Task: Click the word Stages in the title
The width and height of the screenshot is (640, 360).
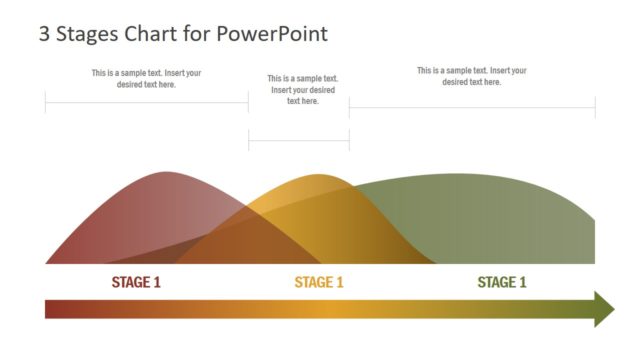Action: pyautogui.click(x=89, y=35)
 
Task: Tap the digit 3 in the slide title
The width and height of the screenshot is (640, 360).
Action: pyautogui.click(x=44, y=34)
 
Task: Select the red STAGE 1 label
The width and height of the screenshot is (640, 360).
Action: pyautogui.click(x=136, y=282)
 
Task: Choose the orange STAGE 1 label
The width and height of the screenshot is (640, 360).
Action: pyautogui.click(x=319, y=282)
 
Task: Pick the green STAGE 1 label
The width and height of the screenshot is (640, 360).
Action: pyautogui.click(x=502, y=282)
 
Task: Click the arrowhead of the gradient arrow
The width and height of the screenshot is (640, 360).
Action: pyautogui.click(x=604, y=309)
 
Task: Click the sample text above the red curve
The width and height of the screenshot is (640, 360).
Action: pyautogui.click(x=146, y=78)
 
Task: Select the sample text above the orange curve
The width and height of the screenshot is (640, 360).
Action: pyautogui.click(x=303, y=89)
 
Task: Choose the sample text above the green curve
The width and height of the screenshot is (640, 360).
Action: pyautogui.click(x=472, y=76)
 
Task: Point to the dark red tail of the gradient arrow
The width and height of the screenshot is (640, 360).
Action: pyautogui.click(x=55, y=309)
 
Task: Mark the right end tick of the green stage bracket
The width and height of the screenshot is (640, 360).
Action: pyautogui.click(x=595, y=107)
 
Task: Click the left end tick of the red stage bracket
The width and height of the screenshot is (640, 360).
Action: pyautogui.click(x=45, y=102)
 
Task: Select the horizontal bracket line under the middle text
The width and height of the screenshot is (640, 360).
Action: pyautogui.click(x=299, y=141)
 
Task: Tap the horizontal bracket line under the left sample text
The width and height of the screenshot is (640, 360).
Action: pyautogui.click(x=146, y=102)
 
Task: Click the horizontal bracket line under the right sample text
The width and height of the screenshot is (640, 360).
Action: pyautogui.click(x=472, y=107)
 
